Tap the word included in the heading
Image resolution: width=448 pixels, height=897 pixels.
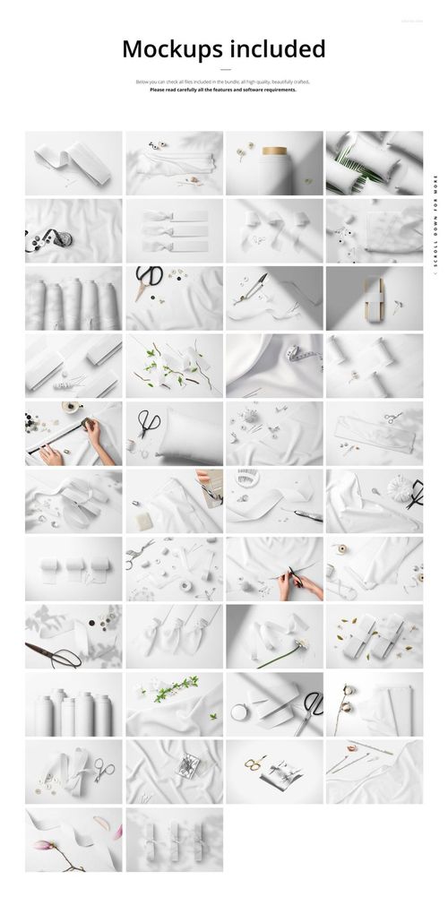click(x=277, y=48)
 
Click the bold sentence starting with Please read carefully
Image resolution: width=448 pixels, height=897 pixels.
click(x=223, y=90)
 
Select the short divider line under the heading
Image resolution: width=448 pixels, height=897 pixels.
click(x=224, y=69)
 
